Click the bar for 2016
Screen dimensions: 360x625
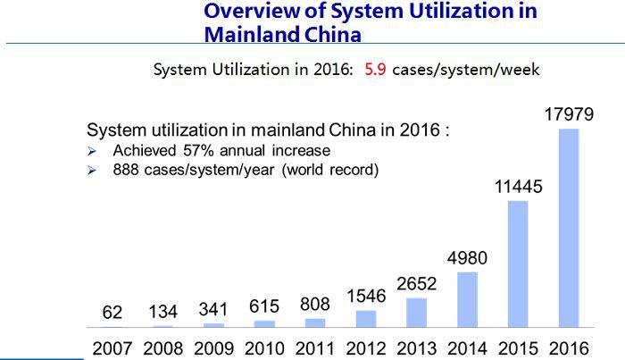[569, 228]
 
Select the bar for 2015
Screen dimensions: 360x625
[518, 264]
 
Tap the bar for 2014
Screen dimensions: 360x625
[467, 299]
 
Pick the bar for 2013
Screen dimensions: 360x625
[416, 312]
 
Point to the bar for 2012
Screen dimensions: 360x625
[366, 318]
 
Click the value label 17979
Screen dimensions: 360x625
[568, 115]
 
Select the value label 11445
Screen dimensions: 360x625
[518, 188]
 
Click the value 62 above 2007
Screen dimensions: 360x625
[113, 312]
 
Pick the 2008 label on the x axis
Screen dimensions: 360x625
[163, 345]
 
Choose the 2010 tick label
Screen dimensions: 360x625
[265, 345]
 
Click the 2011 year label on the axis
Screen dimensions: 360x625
[315, 345]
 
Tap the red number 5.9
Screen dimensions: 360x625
[375, 69]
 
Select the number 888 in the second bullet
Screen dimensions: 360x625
[128, 170]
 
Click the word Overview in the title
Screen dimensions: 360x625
[248, 12]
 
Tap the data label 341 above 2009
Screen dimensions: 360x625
[214, 310]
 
